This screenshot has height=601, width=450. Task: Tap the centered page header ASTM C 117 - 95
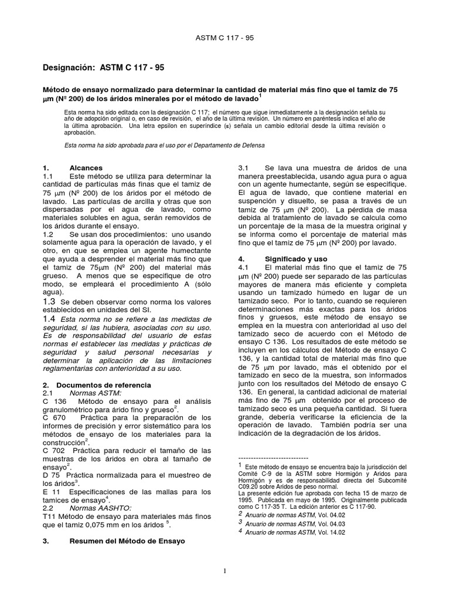(224, 38)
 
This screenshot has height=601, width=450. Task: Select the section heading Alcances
(86, 167)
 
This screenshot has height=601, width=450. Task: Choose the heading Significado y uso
(294, 258)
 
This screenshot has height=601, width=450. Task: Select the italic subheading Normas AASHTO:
(101, 507)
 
